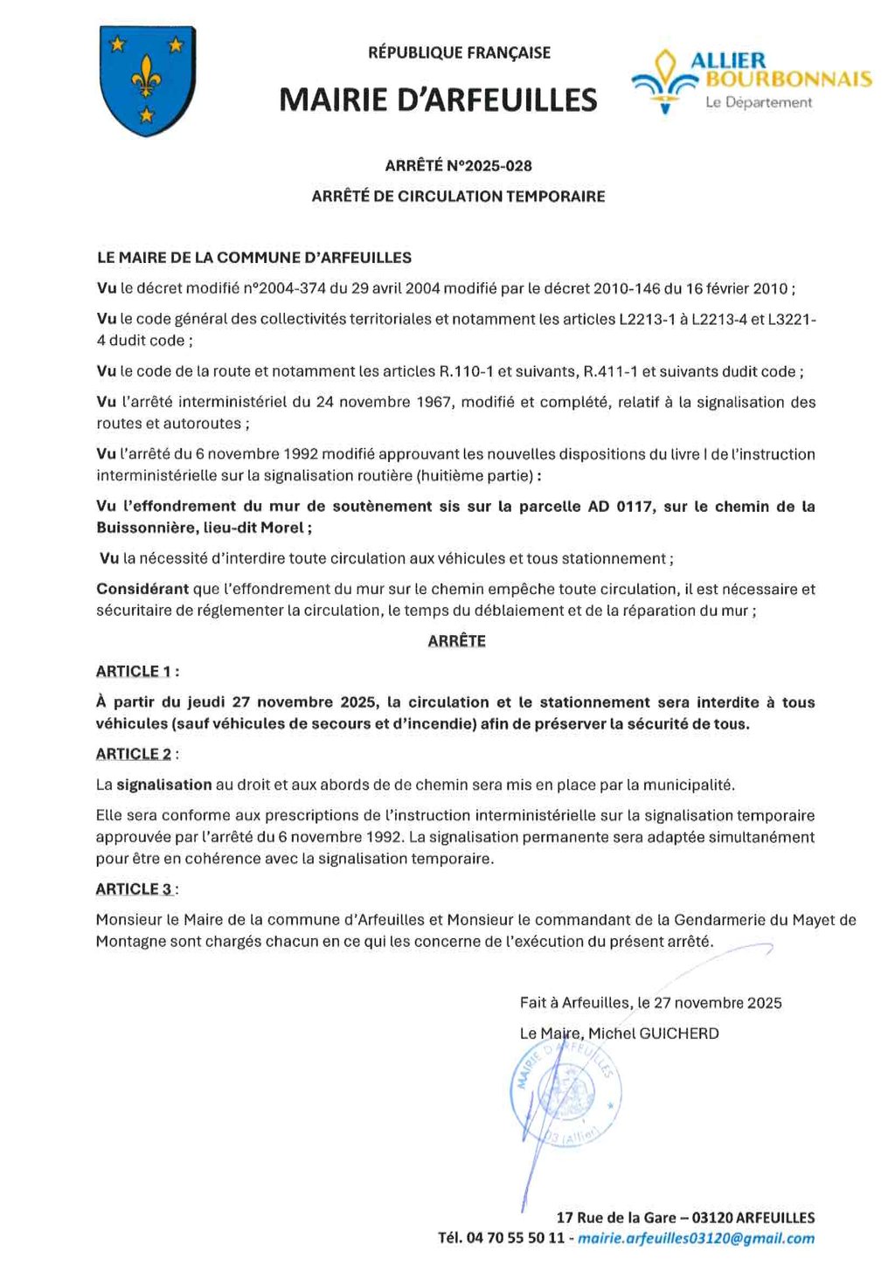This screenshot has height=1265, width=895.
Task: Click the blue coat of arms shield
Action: point(147,80)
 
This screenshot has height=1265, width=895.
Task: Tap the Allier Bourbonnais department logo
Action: point(752,81)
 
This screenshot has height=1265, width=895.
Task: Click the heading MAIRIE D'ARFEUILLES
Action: point(438,100)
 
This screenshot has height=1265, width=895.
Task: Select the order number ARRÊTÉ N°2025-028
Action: point(458,166)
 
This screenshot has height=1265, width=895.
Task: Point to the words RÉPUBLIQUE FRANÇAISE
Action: point(459,52)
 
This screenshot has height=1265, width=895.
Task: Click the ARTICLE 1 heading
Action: point(135,671)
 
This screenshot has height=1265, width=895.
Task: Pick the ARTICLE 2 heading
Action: point(135,754)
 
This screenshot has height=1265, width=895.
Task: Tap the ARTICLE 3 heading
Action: point(135,888)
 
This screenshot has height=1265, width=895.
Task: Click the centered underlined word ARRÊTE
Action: point(456,640)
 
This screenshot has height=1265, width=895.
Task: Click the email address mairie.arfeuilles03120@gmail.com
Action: point(696,1238)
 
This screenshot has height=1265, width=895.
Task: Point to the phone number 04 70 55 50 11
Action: point(516,1238)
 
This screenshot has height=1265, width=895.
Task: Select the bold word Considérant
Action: point(142,589)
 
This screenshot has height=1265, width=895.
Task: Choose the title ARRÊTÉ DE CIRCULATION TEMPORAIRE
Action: point(458,197)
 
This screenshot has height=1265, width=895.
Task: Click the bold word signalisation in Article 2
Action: point(164,785)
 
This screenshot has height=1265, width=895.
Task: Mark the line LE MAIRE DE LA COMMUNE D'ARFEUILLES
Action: point(253,258)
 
